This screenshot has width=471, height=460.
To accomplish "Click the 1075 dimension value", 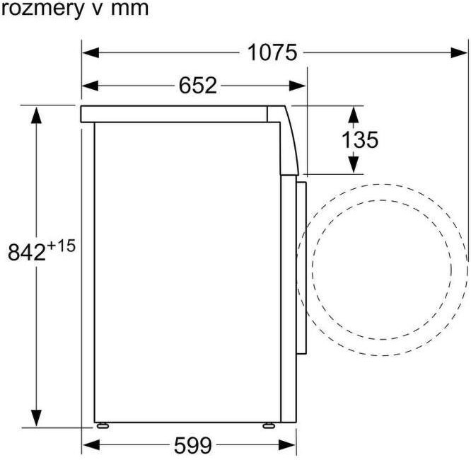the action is (272, 53).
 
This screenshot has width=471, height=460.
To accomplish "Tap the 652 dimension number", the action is (197, 86).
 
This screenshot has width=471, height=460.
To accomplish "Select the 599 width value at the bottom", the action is (193, 445).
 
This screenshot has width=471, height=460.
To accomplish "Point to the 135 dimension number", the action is (360, 140).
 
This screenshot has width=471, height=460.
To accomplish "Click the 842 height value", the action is (26, 253).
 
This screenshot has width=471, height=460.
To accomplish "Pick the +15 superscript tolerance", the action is (61, 246).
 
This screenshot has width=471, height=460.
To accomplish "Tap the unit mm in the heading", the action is (129, 10).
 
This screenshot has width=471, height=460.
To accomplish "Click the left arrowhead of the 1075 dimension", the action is (91, 53).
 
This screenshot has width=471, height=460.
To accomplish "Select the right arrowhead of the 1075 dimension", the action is (459, 53).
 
